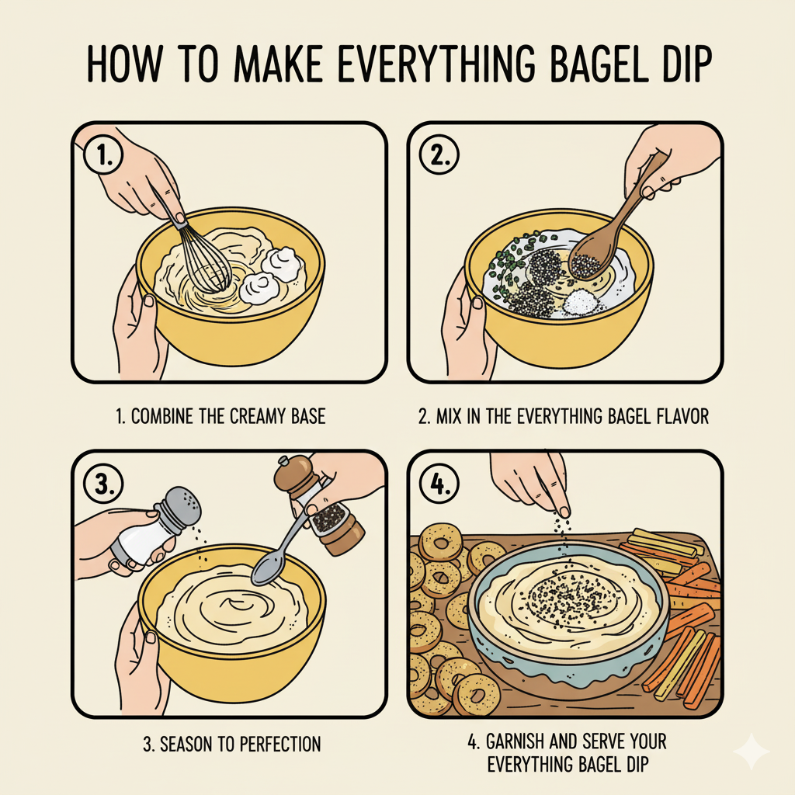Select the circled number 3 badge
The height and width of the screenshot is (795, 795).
(102, 483)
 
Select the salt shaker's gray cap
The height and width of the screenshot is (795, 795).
(179, 506)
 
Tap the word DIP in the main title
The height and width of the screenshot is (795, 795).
(675, 66)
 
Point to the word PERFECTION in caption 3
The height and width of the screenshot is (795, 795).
(275, 745)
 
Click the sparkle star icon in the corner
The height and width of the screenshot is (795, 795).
(752, 752)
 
